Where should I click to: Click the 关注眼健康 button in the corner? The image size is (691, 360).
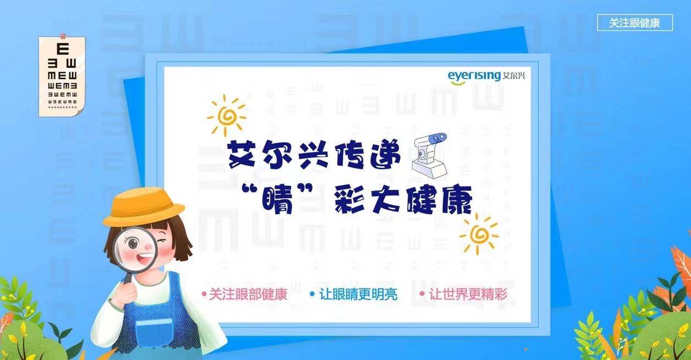(634, 23)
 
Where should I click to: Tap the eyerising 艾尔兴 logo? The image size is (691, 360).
(486, 75)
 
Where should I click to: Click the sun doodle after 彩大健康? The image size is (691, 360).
(479, 233)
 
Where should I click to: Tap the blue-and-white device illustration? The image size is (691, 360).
(429, 154)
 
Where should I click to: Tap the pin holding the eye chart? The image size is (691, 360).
(62, 36)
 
